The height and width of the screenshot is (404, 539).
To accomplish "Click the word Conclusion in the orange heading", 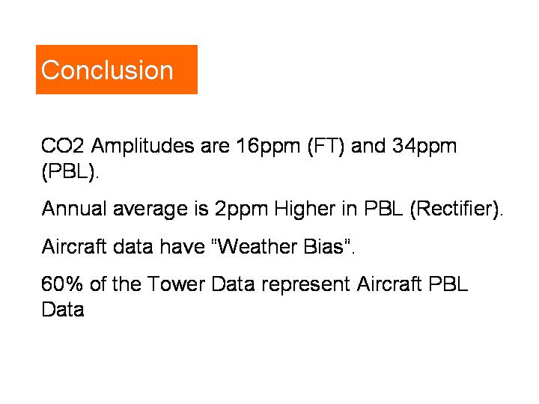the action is pos(107,70).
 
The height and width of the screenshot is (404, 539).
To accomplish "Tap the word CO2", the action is pos(62,146).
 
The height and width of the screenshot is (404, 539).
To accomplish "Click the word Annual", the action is pos(74,209).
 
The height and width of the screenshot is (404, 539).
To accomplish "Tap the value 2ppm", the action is pos(241,210).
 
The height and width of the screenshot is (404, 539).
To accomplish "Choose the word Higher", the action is pos(305,210).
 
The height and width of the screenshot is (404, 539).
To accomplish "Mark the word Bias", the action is pos(323,246).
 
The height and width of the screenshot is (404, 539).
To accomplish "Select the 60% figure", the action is pos(62,284).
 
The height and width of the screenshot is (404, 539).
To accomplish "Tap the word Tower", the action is pos(176,284).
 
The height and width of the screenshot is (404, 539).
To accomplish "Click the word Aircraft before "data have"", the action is pos(74,246).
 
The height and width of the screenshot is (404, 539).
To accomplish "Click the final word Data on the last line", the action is pos(63,309).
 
